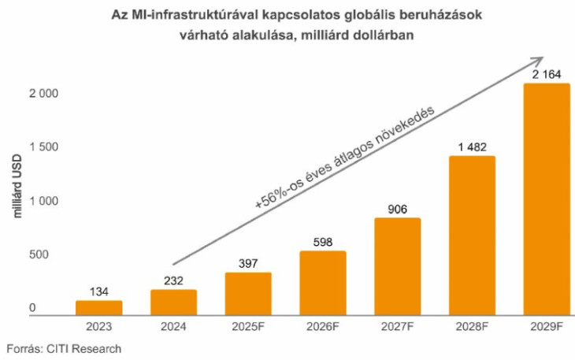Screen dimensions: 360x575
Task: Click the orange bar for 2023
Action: [x=98, y=308]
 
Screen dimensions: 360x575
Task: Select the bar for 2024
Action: [x=173, y=302]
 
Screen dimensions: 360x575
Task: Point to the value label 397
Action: [x=248, y=262]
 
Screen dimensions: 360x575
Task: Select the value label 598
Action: [x=323, y=240]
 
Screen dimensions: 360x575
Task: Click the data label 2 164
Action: [x=547, y=72]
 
